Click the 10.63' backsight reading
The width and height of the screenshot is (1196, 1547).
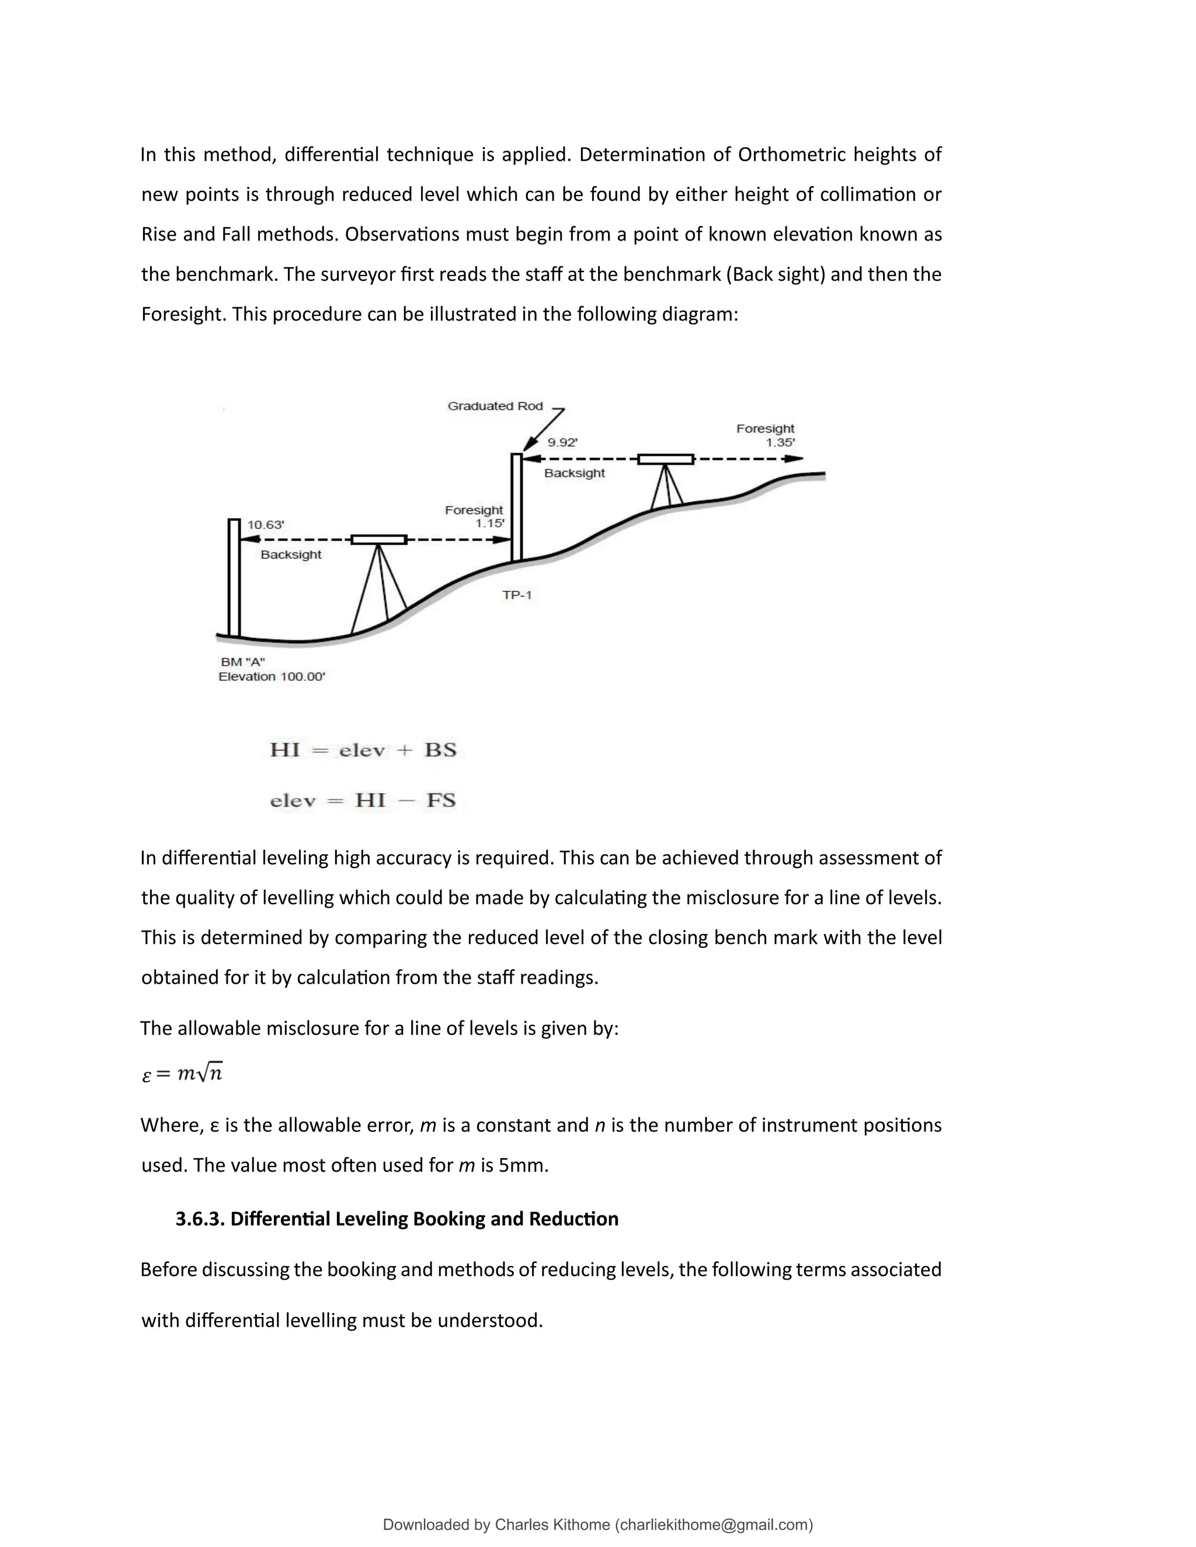[266, 525]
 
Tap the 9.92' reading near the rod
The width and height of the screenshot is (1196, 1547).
[562, 443]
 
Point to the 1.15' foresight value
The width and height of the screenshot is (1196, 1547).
[489, 524]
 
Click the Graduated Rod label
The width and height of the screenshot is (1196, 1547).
[495, 406]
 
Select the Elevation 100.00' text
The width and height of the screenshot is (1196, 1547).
[272, 677]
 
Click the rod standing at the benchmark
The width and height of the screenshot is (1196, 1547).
[234, 578]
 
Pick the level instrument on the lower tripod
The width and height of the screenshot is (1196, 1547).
[379, 540]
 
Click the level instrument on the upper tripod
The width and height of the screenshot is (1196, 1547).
[665, 459]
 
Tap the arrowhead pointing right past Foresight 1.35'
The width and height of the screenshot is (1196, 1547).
[794, 459]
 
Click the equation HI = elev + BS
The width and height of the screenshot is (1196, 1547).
[363, 750]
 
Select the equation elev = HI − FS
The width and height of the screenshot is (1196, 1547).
[363, 800]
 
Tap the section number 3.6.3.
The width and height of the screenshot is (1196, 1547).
[200, 1219]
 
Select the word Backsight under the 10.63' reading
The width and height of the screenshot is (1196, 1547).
[290, 555]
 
